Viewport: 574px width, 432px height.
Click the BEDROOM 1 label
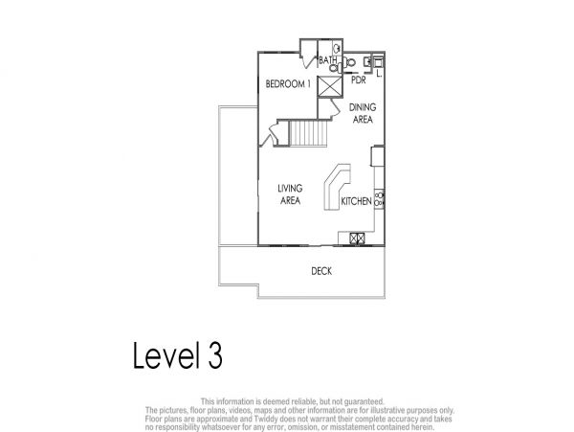tap(288, 84)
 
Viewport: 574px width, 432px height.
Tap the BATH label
tap(327, 59)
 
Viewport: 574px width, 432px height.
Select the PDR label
tap(359, 80)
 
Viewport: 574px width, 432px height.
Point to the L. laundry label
tap(379, 74)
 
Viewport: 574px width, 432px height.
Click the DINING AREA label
tap(363, 113)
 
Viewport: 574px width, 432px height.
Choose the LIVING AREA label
tap(290, 194)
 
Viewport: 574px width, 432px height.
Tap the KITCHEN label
tap(356, 201)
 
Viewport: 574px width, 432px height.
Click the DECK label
tap(321, 271)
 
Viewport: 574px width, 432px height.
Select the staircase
tap(308, 133)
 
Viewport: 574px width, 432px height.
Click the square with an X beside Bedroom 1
tap(329, 86)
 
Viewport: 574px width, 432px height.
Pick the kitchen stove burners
tap(379, 199)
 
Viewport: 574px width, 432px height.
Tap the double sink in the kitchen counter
tap(357, 239)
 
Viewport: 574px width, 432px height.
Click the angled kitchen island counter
tap(337, 187)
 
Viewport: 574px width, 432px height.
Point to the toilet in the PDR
tap(349, 62)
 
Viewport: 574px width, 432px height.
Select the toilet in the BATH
tap(335, 67)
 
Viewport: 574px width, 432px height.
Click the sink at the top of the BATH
tap(337, 48)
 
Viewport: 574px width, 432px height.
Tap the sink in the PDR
tap(367, 62)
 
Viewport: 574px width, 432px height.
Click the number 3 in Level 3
tap(215, 355)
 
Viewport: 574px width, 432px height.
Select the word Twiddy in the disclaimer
tap(263, 419)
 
